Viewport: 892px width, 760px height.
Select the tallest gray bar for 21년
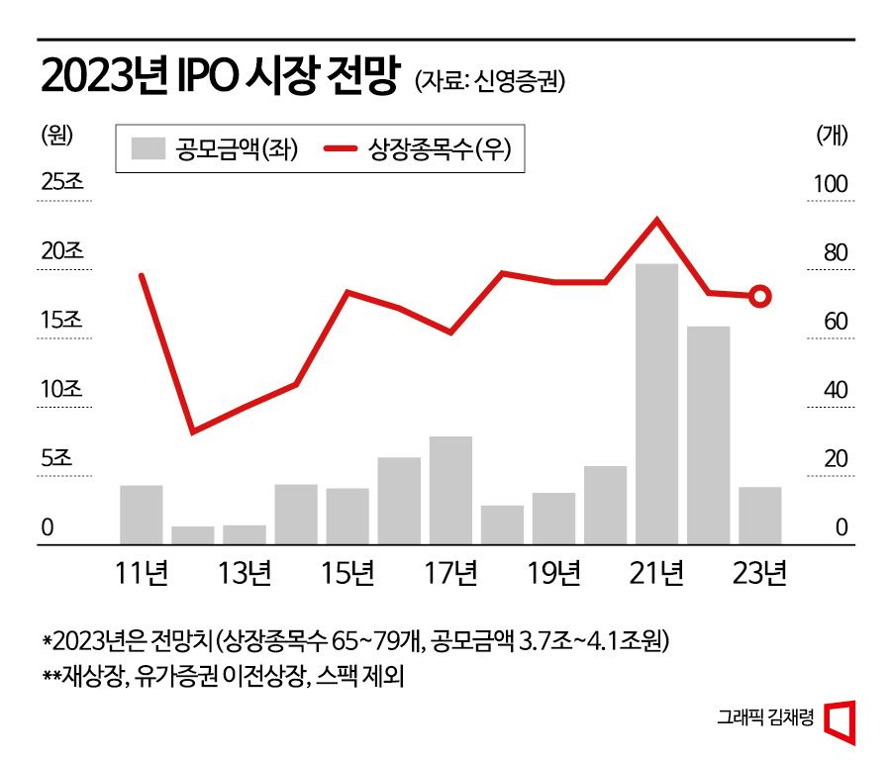(656, 404)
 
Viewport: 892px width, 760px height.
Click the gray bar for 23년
(759, 516)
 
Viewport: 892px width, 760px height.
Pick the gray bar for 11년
(142, 515)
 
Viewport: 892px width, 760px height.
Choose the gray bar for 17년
(450, 490)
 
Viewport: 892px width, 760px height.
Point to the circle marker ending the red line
(760, 296)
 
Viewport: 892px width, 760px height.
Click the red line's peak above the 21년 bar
(656, 220)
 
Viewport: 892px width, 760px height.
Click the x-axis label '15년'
(347, 573)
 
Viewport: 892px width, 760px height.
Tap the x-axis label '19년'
(553, 573)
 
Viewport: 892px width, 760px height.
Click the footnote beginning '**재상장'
(224, 679)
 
